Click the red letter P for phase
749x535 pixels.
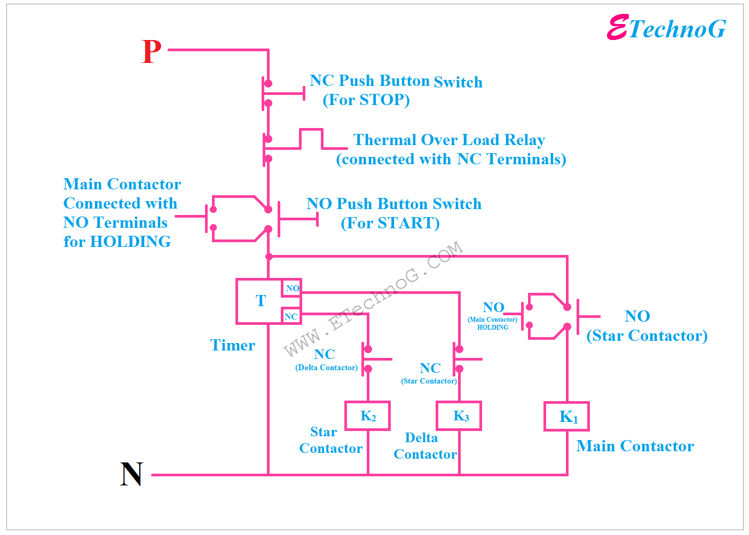click(x=152, y=52)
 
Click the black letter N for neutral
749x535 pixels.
click(x=131, y=474)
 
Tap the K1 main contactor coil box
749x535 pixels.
click(x=566, y=417)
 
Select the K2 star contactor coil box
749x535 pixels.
click(x=368, y=416)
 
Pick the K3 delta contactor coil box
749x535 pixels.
click(x=459, y=416)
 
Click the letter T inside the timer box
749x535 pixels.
click(x=261, y=301)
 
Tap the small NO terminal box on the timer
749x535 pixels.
click(x=292, y=288)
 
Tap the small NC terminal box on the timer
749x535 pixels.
click(x=291, y=316)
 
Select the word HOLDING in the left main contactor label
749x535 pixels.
click(x=130, y=242)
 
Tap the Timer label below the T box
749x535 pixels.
click(x=233, y=345)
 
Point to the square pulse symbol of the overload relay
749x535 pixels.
click(x=311, y=139)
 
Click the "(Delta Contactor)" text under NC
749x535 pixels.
click(x=327, y=368)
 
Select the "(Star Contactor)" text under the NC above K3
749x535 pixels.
click(x=429, y=381)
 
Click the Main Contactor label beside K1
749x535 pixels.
click(x=635, y=446)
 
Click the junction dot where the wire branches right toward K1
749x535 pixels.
click(x=269, y=257)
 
